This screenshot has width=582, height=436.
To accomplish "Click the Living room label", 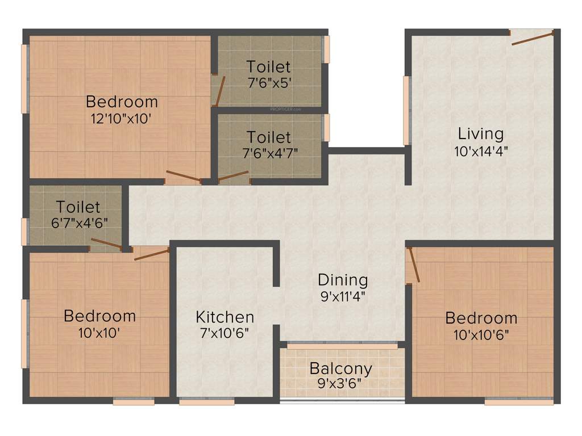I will (x=481, y=134).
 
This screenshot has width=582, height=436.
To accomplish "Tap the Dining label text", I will (x=343, y=280).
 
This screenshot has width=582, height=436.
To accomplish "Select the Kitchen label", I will (x=225, y=317).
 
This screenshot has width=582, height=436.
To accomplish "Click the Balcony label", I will (x=341, y=368).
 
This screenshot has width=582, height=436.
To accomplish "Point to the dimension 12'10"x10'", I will (x=121, y=119).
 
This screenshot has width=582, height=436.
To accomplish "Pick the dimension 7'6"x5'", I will (x=269, y=83).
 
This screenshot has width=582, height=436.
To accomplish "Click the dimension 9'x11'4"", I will (x=343, y=296).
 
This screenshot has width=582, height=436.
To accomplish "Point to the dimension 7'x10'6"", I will (x=225, y=333).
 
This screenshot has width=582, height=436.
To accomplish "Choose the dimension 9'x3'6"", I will (x=340, y=383).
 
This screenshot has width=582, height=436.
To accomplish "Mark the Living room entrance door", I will (x=532, y=38).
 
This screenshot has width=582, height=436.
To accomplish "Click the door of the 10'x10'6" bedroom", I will (x=413, y=265).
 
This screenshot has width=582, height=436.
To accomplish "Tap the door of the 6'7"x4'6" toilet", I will (x=106, y=245).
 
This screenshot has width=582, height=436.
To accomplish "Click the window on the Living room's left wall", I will (x=406, y=110).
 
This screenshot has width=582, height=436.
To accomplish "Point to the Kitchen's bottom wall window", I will (x=207, y=401).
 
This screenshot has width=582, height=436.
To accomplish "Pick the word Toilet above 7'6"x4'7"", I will (x=269, y=137).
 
